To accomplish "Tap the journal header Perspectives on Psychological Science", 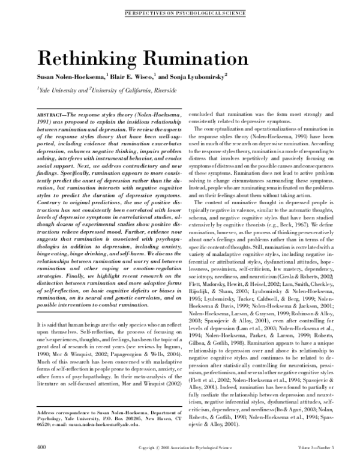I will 180,11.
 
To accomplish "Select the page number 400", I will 42,447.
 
